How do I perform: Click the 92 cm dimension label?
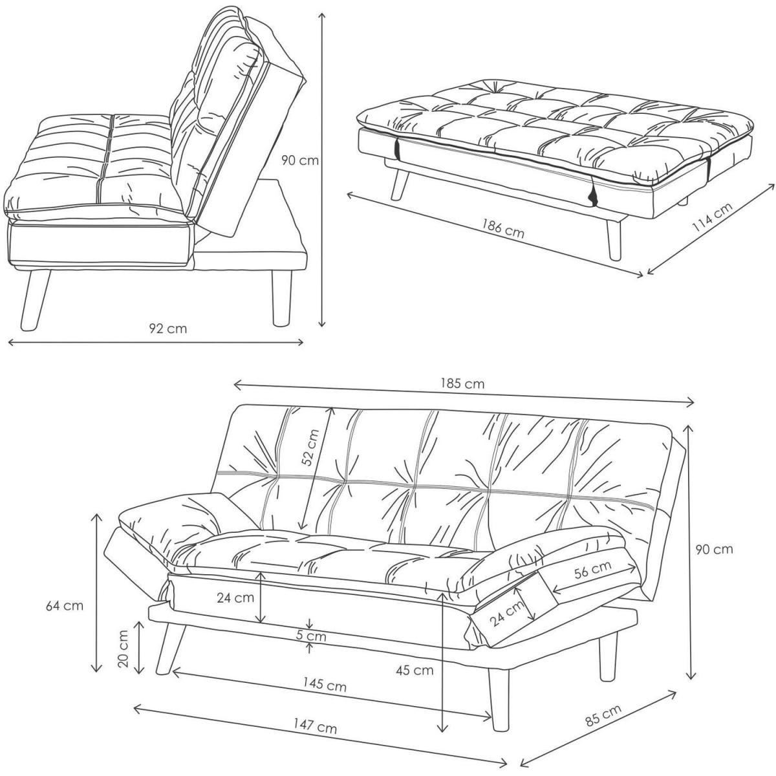(x=168, y=329)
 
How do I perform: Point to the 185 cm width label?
(x=462, y=383)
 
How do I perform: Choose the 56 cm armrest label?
(x=592, y=569)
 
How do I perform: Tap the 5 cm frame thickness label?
(x=311, y=636)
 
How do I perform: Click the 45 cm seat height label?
(x=415, y=670)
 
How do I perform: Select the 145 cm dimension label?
(x=325, y=685)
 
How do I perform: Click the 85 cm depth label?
(x=603, y=720)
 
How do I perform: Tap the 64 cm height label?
(x=65, y=606)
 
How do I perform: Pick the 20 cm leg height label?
(x=124, y=649)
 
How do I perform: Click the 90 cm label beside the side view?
(x=299, y=160)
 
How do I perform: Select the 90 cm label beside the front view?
(x=715, y=549)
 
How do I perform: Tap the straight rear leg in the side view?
(x=281, y=297)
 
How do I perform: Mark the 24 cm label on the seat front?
(x=235, y=598)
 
